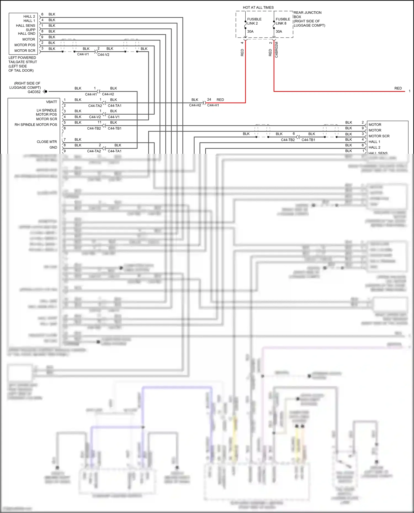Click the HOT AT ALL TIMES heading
(258, 7)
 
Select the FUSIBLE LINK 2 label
(254, 21)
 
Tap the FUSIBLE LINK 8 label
(283, 21)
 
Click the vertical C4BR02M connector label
(277, 50)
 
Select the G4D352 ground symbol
(45, 92)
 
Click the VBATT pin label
(51, 102)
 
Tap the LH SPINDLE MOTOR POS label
(46, 112)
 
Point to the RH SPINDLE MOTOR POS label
(36, 125)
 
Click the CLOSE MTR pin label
(47, 142)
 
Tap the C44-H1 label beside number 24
(213, 105)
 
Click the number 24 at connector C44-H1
(209, 100)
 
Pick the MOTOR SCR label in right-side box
(379, 136)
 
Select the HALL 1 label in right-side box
(374, 142)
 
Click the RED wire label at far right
(398, 88)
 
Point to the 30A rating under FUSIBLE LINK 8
(279, 31)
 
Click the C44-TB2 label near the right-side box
(288, 140)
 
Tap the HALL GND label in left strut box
(26, 34)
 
